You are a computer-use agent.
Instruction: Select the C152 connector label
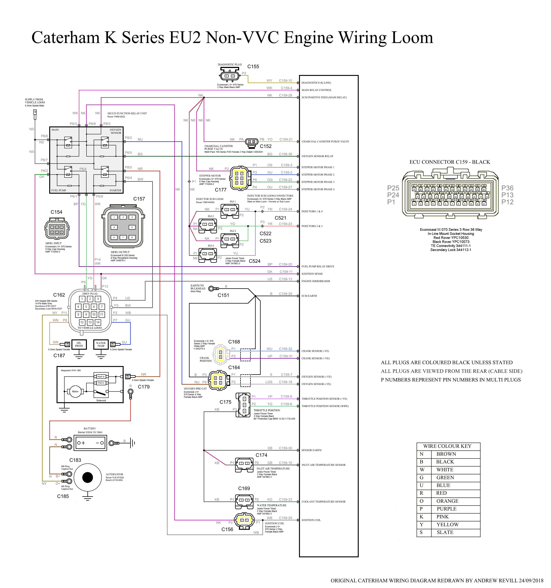pos(265,146)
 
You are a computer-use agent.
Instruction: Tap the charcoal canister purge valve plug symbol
pos(252,142)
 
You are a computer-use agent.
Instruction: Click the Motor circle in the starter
pos(75,391)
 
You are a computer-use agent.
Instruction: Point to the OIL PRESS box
pos(79,344)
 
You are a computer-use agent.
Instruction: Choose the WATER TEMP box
pos(101,344)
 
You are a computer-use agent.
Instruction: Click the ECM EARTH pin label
pos(309,296)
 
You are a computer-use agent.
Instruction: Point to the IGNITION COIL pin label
pos(311,520)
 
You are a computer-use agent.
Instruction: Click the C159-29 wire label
pos(285,294)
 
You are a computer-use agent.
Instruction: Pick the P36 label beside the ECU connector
pos(507,188)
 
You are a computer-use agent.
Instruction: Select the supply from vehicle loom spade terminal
pos(35,113)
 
